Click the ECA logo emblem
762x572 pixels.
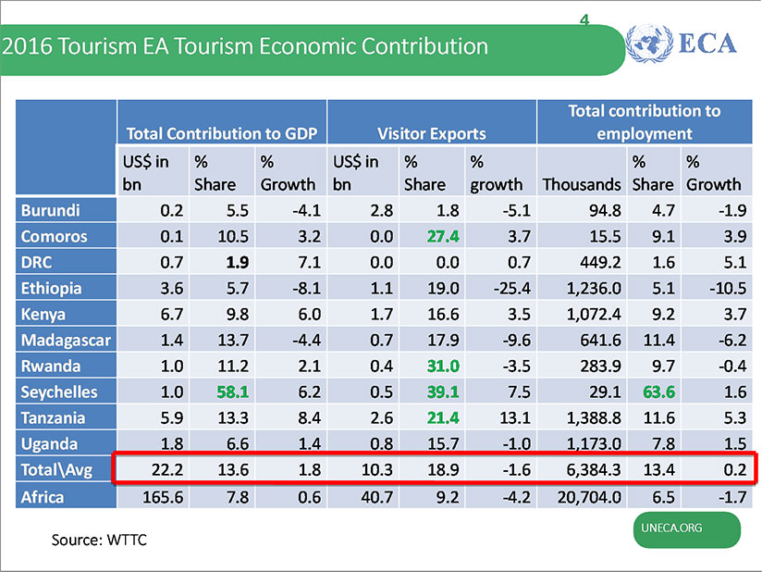point(649,44)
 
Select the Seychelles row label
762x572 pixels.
point(58,392)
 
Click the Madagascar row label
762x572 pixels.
point(66,340)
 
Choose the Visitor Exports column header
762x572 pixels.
point(431,133)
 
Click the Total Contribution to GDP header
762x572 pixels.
point(221,133)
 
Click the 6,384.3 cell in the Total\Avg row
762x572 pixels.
point(591,469)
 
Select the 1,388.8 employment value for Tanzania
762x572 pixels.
point(591,417)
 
